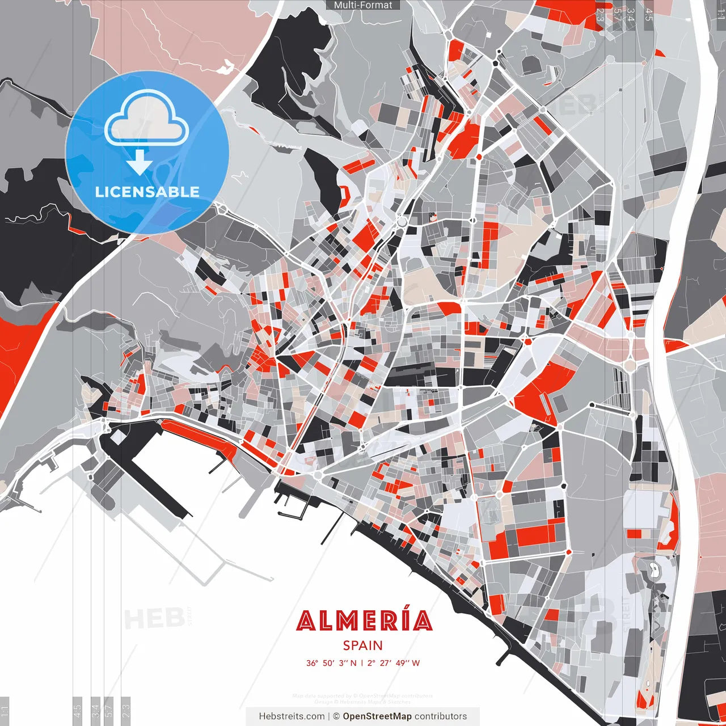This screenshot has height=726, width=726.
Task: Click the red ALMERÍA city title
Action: click(x=364, y=621)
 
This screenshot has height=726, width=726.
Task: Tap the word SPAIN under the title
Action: click(x=363, y=645)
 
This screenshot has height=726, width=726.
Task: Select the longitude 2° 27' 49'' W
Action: click(x=393, y=663)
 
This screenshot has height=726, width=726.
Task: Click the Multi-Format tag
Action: click(x=363, y=5)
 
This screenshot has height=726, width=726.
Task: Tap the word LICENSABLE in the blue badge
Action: click(x=147, y=192)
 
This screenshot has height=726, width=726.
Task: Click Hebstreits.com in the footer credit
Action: click(x=292, y=716)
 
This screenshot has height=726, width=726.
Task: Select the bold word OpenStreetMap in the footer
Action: click(x=377, y=716)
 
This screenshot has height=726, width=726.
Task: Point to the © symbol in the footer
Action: click(x=336, y=716)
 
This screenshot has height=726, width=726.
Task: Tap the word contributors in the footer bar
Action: click(x=441, y=716)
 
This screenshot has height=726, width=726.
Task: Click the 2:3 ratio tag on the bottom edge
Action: click(x=126, y=709)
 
